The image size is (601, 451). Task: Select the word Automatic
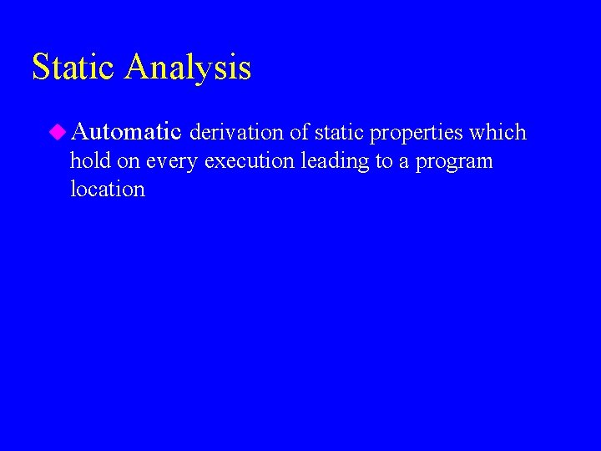click(127, 131)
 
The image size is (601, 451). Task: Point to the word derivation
click(237, 132)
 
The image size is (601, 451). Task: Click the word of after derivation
click(300, 132)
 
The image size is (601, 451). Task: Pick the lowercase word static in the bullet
click(340, 132)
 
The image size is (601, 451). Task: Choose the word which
click(498, 132)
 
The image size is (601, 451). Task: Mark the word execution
click(248, 160)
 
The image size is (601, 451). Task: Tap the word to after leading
click(383, 161)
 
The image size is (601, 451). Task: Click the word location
click(108, 189)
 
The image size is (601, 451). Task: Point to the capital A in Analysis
click(137, 67)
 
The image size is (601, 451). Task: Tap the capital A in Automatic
click(82, 131)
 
